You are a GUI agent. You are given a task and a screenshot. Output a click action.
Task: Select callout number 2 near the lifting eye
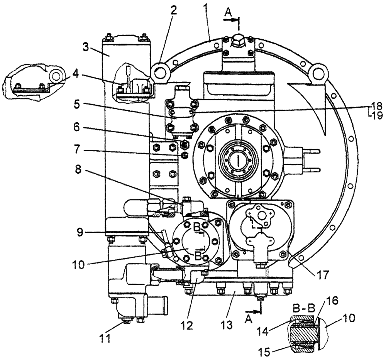[x=174, y=10]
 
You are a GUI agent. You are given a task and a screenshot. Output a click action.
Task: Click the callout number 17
[x=322, y=275]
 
